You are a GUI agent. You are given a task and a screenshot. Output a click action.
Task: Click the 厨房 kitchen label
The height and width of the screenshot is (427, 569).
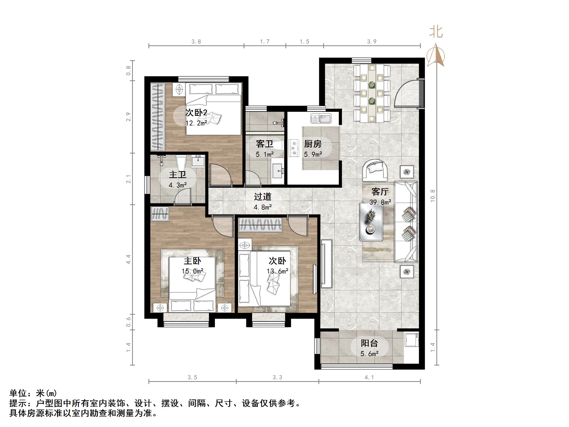click(x=313, y=144)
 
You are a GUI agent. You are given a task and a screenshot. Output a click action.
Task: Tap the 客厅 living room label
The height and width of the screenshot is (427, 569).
click(x=380, y=192)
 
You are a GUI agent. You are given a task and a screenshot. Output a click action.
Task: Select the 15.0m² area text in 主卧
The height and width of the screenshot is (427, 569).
click(x=192, y=271)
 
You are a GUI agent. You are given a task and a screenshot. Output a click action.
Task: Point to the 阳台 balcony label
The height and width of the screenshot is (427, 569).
click(x=369, y=343)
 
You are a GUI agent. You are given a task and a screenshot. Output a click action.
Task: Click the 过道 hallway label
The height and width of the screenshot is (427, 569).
click(x=262, y=197)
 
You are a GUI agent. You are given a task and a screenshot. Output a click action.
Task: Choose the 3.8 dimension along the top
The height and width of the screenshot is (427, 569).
click(x=196, y=42)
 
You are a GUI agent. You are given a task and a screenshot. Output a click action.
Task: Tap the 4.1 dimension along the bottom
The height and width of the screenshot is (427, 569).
click(x=369, y=377)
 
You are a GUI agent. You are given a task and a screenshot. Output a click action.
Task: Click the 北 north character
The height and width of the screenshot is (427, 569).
click(x=436, y=32)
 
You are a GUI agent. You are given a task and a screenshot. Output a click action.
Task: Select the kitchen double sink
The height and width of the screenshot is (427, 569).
click(x=321, y=119)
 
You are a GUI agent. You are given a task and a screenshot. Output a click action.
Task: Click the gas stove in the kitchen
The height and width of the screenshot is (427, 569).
click(x=293, y=148)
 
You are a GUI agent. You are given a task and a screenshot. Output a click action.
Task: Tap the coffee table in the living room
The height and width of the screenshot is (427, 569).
click(x=371, y=221)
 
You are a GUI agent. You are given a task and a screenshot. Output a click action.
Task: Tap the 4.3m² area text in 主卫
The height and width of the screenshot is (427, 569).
click(x=177, y=185)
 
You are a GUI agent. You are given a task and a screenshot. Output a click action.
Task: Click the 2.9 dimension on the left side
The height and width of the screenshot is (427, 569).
click(x=129, y=117)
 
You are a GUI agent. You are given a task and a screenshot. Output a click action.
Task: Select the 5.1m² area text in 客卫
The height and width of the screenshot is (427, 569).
click(x=264, y=154)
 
